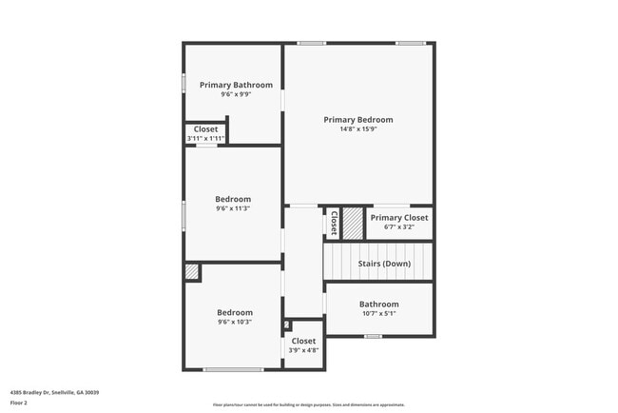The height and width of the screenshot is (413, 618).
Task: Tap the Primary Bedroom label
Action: click(x=357, y=120)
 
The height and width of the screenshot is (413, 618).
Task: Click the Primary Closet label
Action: click(x=399, y=218)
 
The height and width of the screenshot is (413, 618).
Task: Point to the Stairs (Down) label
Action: click(x=384, y=264)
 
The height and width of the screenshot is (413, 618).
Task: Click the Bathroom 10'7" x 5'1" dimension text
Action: click(x=378, y=313)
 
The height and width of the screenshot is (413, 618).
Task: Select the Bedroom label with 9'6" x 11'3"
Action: click(x=233, y=199)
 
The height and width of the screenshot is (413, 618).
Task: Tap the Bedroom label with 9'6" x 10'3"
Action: click(x=234, y=312)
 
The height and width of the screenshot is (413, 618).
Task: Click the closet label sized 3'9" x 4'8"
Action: click(x=303, y=341)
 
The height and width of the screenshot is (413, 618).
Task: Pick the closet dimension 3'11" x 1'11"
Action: click(x=205, y=139)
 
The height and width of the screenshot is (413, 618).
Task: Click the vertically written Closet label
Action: click(x=334, y=223)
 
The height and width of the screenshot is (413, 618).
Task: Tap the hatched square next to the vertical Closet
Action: click(x=353, y=223)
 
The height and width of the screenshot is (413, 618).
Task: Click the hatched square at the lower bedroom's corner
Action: click(x=193, y=272)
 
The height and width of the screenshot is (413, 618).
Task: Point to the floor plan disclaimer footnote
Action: click(x=308, y=404)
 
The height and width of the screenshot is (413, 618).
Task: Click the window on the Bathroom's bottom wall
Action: click(x=374, y=336)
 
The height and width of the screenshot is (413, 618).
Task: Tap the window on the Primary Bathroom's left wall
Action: click(x=184, y=84)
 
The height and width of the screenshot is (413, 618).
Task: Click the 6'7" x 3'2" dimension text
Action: click(x=399, y=227)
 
